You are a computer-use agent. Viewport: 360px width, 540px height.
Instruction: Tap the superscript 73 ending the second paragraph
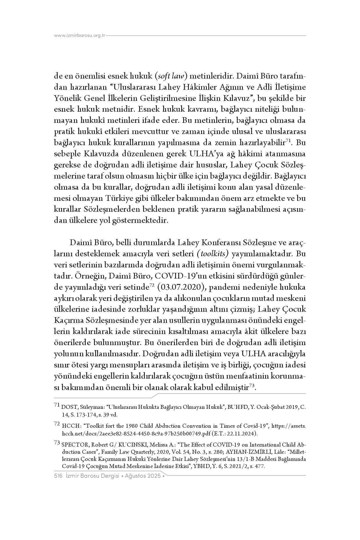[x=252, y=385]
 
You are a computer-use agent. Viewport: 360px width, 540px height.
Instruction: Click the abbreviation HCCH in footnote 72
[x=69, y=426]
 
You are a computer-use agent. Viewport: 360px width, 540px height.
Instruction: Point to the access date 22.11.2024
[x=242, y=433]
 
